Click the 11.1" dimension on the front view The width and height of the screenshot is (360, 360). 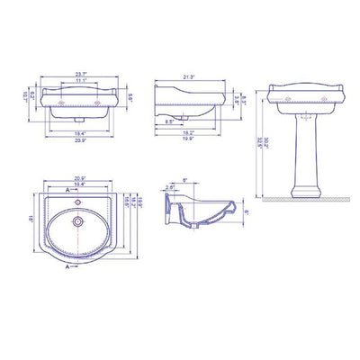(82, 82)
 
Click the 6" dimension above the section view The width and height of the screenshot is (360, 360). (184, 179)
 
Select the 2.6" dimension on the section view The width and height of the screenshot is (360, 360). (172, 190)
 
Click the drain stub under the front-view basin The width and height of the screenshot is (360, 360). (82, 117)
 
